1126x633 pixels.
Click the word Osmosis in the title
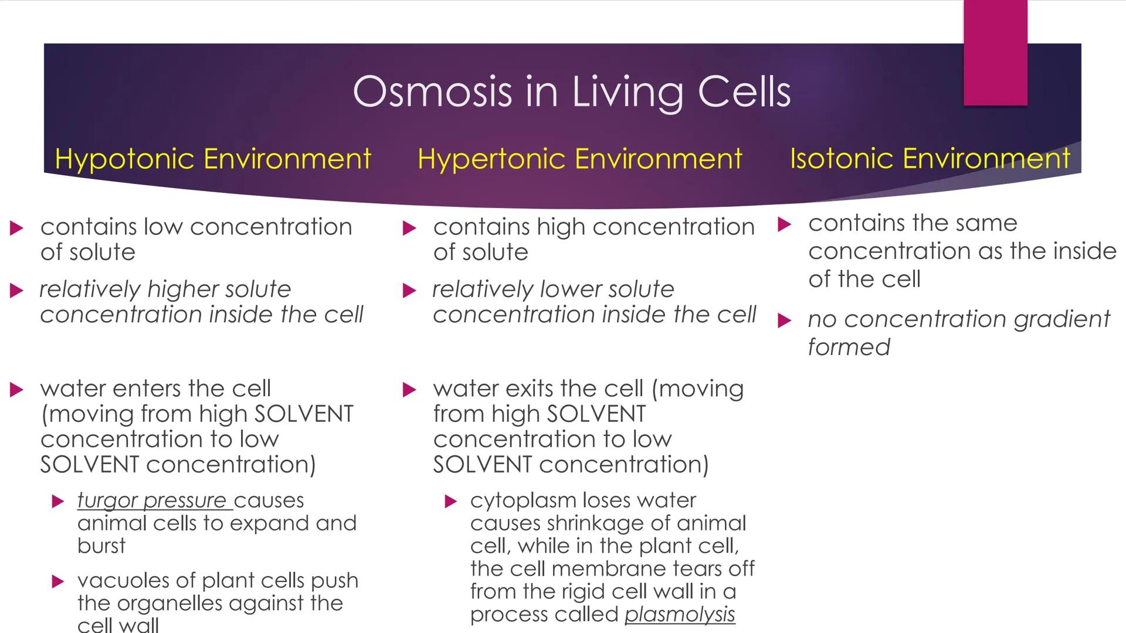(433, 92)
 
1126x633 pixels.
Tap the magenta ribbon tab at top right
(995, 53)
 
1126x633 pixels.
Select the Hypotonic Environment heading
(212, 159)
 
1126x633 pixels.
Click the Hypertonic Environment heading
(579, 159)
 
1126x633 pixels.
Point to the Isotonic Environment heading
(930, 159)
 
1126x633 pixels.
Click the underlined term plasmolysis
(679, 614)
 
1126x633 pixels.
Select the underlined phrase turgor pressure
(152, 501)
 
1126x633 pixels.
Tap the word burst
(101, 546)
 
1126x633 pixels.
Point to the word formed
(849, 348)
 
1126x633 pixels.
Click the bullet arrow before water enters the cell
(16, 390)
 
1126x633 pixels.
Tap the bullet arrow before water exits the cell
(409, 390)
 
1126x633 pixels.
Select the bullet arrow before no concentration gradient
(784, 321)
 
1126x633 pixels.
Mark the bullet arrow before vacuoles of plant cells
(57, 581)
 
